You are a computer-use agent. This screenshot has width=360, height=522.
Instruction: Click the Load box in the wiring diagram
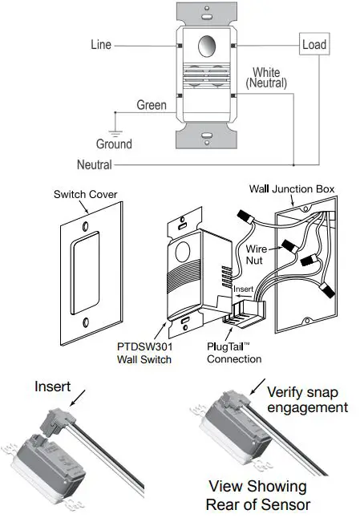click(x=313, y=44)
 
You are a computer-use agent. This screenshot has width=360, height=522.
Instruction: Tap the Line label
click(x=100, y=46)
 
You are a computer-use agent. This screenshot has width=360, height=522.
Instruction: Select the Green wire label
click(x=152, y=105)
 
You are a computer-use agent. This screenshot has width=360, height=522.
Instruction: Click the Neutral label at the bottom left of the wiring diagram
click(x=94, y=165)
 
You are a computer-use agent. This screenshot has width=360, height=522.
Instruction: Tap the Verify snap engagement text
click(x=307, y=399)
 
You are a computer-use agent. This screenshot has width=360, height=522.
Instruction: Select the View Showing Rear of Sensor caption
click(x=257, y=495)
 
